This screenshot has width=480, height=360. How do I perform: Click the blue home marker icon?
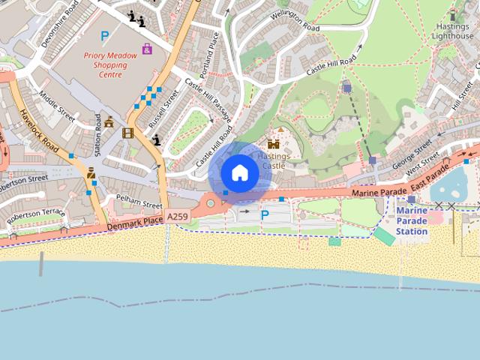(x=239, y=173)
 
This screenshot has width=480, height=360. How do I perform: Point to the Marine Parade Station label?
(x=412, y=220)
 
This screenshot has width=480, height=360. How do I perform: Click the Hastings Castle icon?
(x=273, y=143)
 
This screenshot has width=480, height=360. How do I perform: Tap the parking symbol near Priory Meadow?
(x=105, y=35)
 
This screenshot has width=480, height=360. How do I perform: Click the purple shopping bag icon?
(x=147, y=49)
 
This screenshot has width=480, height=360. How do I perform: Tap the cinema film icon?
(x=128, y=133)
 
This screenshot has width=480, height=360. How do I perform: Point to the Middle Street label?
(x=58, y=109)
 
